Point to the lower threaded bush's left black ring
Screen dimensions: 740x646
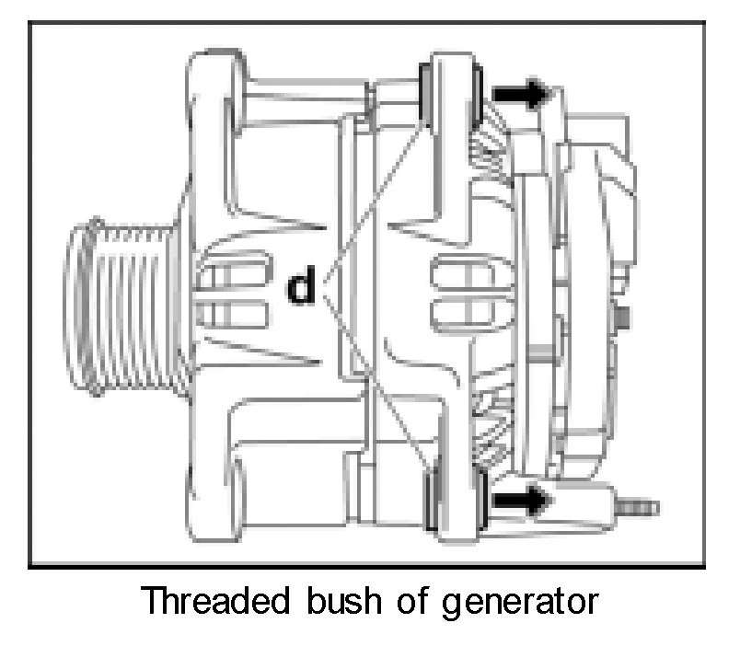[x=432, y=497]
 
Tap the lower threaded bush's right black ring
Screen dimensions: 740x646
[x=479, y=498]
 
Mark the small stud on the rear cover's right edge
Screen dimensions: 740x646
[x=623, y=317]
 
